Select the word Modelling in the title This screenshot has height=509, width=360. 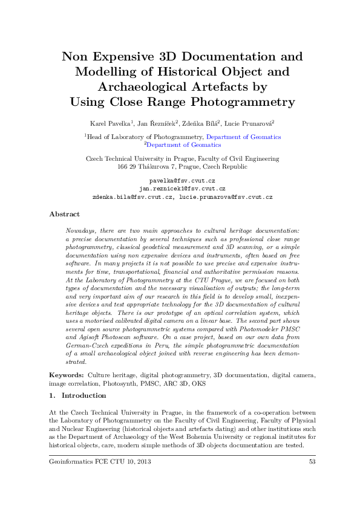tap(108, 72)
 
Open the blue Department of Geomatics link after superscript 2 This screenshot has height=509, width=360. tap(184, 145)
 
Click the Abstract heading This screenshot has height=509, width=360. tap(64, 214)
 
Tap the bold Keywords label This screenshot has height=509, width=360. tap(67, 375)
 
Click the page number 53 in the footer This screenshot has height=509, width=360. tap(312, 462)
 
